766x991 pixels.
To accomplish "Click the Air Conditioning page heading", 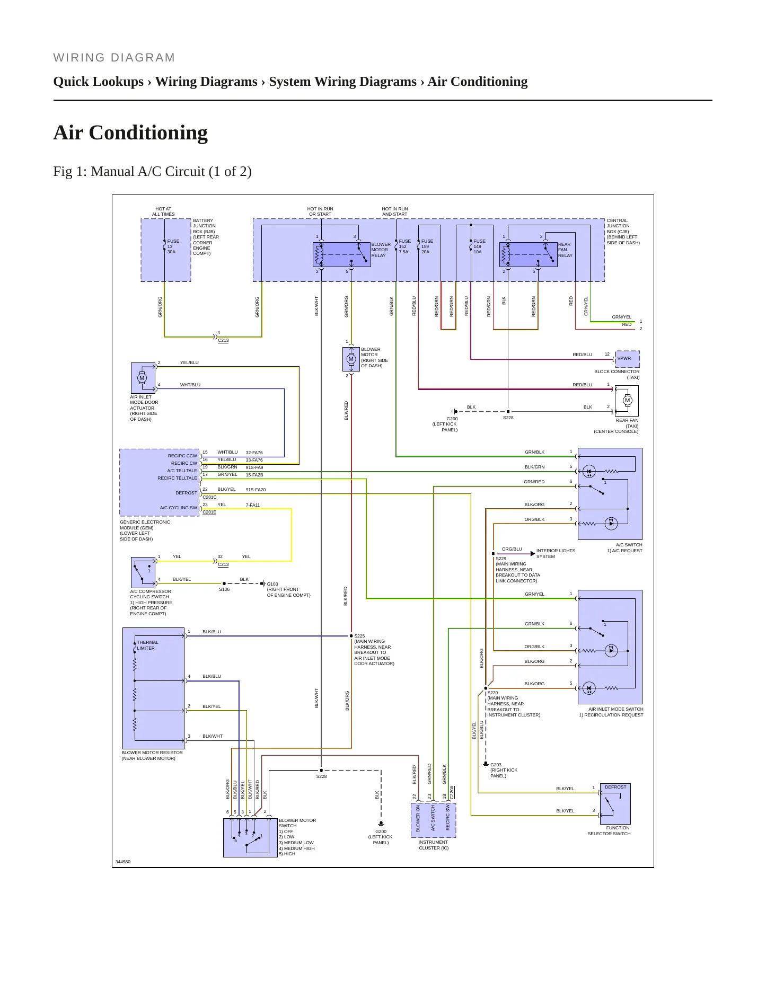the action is [x=130, y=132].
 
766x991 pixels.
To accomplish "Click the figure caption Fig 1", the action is [x=152, y=172].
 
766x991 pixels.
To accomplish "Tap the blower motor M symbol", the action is [x=351, y=359].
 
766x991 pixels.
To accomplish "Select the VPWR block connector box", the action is [x=628, y=359].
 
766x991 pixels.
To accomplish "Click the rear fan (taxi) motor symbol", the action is [x=628, y=401].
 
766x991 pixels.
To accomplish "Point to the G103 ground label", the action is [x=272, y=584].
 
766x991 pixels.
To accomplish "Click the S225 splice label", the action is [x=359, y=636].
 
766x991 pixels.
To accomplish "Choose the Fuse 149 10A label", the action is [x=479, y=246].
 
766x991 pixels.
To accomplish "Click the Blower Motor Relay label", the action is [x=381, y=250].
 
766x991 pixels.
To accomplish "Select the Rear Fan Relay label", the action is [x=565, y=250].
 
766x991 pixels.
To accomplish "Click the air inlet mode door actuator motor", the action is [x=142, y=378].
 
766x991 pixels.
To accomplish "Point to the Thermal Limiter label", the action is [x=147, y=645].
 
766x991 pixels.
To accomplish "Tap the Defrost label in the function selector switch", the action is [x=615, y=787].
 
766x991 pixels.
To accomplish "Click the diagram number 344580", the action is [x=123, y=862].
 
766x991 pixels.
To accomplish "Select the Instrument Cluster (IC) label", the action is [x=434, y=845].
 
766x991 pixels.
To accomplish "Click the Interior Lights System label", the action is [x=556, y=553].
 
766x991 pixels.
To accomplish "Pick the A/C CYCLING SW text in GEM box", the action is [x=179, y=508].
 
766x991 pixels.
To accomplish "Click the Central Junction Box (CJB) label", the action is [x=623, y=232].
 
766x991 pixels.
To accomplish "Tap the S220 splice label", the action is [x=492, y=693].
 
